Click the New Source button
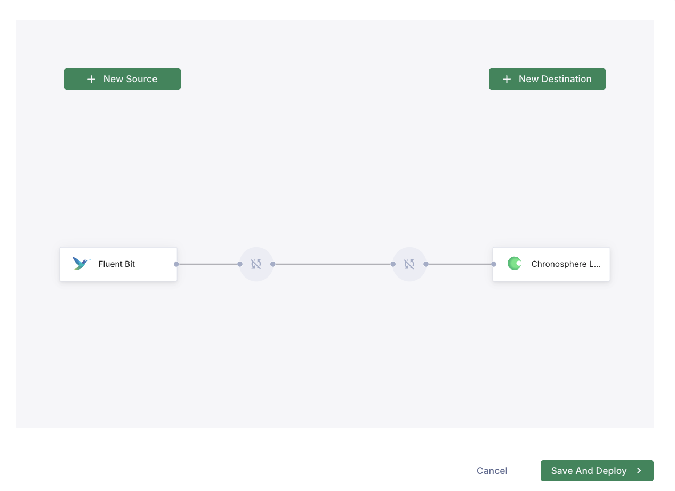[x=122, y=79]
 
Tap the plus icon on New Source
[x=91, y=80]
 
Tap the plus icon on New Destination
[x=507, y=80]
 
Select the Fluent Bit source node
[x=118, y=264]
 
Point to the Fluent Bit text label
[x=117, y=264]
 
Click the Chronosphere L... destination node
[x=551, y=264]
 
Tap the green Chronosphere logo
[x=515, y=264]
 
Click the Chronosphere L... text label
[x=566, y=264]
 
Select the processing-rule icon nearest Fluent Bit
[x=256, y=264]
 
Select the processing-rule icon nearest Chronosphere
[x=409, y=264]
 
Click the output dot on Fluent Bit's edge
[x=176, y=264]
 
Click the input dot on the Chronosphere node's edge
[x=494, y=264]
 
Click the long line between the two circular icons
[x=333, y=264]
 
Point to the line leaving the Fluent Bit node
[x=208, y=264]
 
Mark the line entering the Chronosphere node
[x=460, y=264]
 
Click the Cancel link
[x=492, y=471]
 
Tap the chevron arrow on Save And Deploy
[x=639, y=471]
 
